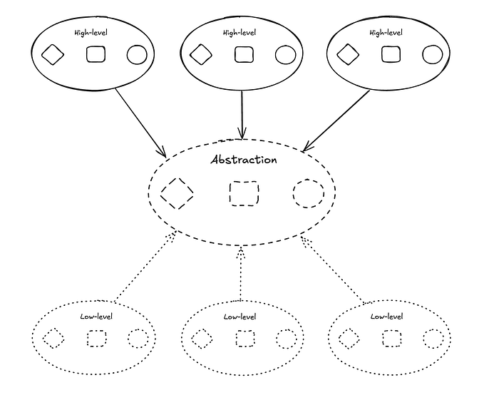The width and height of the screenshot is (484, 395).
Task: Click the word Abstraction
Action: (x=244, y=159)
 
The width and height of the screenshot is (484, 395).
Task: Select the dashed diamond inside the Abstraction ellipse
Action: (x=177, y=192)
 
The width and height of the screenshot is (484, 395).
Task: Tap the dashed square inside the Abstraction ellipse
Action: (x=244, y=193)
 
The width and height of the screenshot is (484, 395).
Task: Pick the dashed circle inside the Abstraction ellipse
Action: (x=309, y=193)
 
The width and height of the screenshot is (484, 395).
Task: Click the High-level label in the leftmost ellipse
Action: (x=90, y=32)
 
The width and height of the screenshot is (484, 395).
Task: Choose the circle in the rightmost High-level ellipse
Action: (x=432, y=54)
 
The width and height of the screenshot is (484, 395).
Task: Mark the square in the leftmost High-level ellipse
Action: (x=95, y=54)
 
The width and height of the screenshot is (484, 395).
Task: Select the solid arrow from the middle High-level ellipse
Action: (x=242, y=114)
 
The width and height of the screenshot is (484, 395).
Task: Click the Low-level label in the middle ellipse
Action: (x=239, y=317)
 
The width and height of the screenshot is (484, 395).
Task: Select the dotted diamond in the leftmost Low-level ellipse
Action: (x=53, y=339)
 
